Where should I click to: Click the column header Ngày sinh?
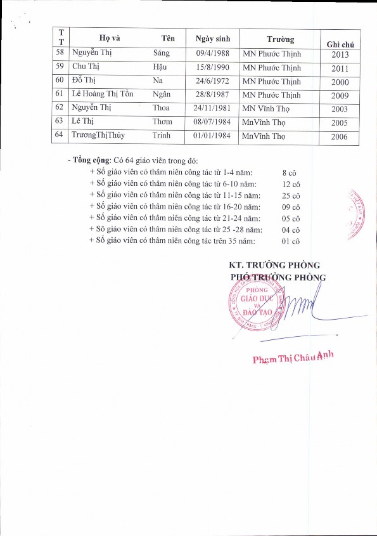point(212,37)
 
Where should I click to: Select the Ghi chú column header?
point(339,43)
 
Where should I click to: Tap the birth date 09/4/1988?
point(212,54)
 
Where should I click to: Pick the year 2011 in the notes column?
point(339,69)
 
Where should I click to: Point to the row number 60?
point(60,81)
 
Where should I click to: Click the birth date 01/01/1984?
point(212,134)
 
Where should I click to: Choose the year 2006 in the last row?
point(339,136)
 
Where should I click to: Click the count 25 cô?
point(291,195)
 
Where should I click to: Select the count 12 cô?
point(291,184)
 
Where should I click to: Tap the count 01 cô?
point(291,241)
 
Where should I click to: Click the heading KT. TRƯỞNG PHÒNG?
point(274,265)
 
